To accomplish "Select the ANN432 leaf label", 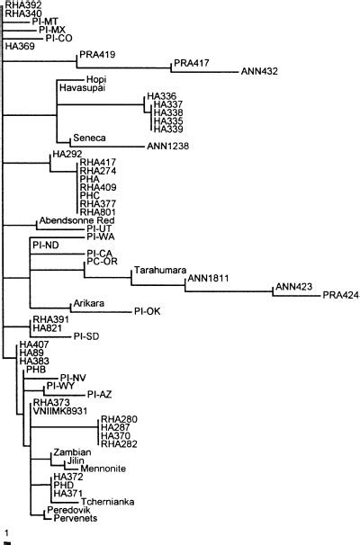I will click(258, 71).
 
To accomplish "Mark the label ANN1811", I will click(209, 279).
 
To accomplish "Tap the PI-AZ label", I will click(99, 394).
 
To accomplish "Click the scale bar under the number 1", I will click(7, 542).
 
